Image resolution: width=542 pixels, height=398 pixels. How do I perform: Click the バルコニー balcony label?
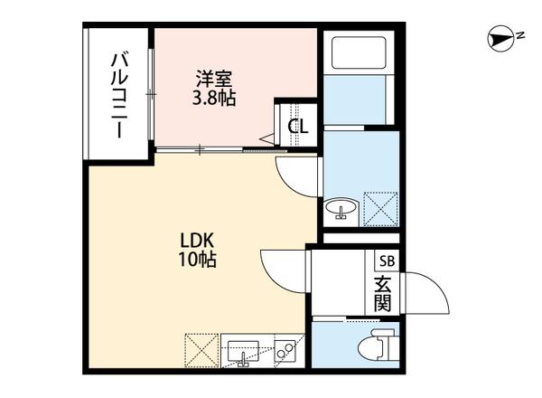(118, 94)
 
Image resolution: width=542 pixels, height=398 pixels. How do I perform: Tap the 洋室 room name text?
(214, 78)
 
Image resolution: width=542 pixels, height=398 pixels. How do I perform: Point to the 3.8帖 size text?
(214, 97)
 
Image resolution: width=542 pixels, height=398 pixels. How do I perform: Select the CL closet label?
(297, 126)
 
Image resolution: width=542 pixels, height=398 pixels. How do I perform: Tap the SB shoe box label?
(386, 261)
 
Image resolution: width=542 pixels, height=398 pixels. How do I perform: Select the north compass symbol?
(500, 37)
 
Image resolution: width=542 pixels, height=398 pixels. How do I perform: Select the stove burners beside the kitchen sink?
(285, 349)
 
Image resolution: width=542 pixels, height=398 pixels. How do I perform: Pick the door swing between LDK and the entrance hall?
(283, 268)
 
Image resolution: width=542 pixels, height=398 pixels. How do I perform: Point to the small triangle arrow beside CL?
(269, 138)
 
